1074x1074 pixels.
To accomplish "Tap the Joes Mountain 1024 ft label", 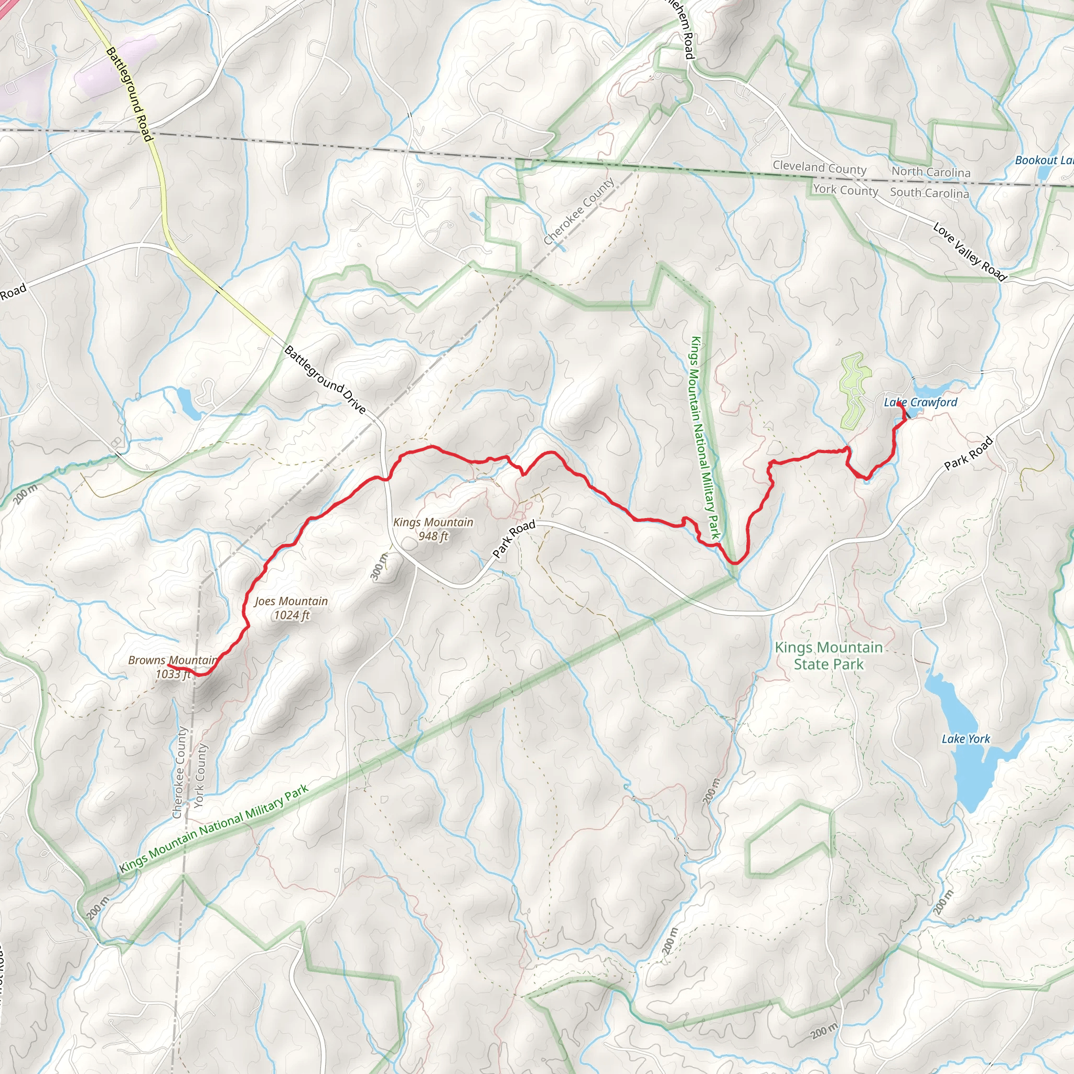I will (291, 608).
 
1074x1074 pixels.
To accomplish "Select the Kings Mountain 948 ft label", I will (433, 529).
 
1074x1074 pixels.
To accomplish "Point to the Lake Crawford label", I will (920, 402).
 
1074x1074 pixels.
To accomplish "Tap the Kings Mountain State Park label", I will (828, 656).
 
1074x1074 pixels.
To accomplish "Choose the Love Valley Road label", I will (970, 252).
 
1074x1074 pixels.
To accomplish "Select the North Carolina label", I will (931, 172).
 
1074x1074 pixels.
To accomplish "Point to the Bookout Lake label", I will (1044, 160).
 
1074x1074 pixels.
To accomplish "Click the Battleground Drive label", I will (325, 380).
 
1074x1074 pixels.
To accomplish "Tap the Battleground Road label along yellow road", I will (129, 94).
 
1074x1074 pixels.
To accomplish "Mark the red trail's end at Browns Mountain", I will (168, 665).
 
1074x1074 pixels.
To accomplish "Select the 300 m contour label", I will (379, 566).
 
